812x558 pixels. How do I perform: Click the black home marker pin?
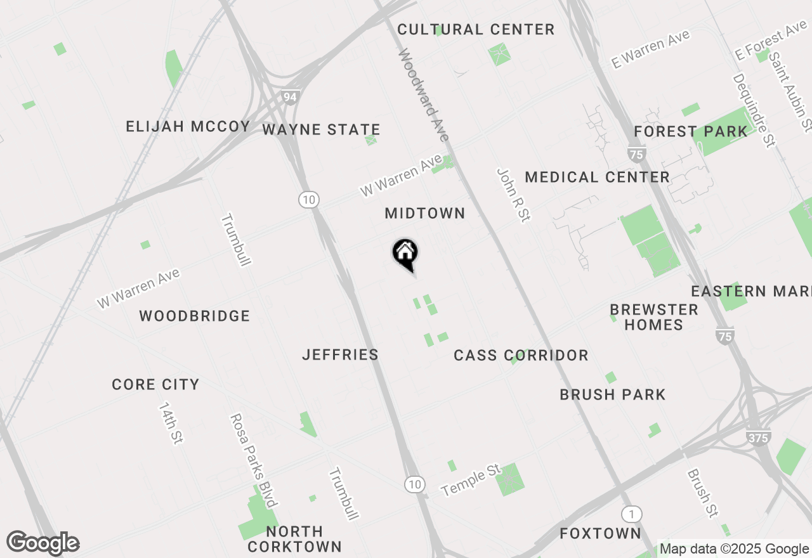click(x=405, y=254)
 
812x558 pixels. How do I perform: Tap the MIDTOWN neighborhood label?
click(x=425, y=214)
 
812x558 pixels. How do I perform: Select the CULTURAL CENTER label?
click(x=476, y=30)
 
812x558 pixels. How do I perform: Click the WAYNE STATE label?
click(x=321, y=130)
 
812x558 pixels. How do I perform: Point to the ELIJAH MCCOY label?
click(x=188, y=127)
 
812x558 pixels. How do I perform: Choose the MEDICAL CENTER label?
click(x=597, y=178)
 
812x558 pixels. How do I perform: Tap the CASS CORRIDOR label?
click(x=521, y=356)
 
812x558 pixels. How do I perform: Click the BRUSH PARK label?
click(x=612, y=395)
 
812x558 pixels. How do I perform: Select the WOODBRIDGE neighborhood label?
click(x=195, y=316)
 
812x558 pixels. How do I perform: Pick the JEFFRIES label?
click(x=340, y=355)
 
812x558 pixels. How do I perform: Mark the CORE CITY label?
click(x=155, y=385)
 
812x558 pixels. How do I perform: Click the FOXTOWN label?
click(x=600, y=534)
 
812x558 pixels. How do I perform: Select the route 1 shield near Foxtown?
click(x=631, y=514)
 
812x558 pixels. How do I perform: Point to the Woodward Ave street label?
click(x=424, y=95)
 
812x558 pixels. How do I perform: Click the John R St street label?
click(x=513, y=195)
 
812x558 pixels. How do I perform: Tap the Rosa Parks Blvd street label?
click(x=253, y=460)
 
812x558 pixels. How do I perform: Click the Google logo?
click(x=43, y=543)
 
